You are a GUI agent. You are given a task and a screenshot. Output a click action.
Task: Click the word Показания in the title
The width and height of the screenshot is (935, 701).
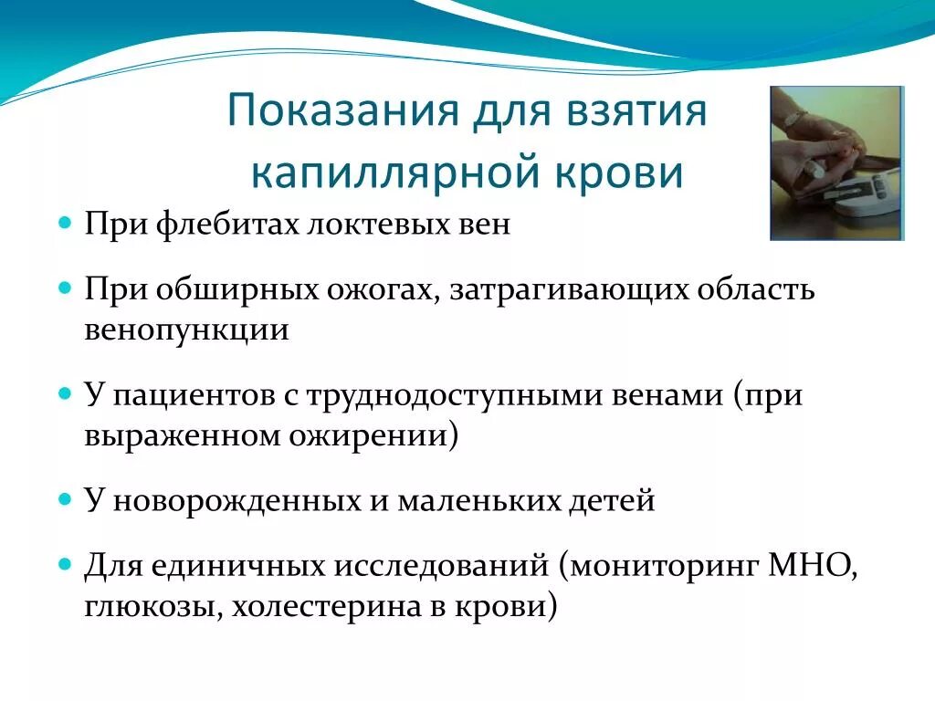pyautogui.click(x=343, y=110)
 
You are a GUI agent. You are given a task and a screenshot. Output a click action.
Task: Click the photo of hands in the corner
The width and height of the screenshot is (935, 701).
pyautogui.click(x=837, y=162)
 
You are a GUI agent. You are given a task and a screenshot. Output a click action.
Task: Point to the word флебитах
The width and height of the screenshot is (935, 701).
pyautogui.click(x=227, y=225)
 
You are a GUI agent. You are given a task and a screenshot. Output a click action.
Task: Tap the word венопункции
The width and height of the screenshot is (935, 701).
pyautogui.click(x=186, y=330)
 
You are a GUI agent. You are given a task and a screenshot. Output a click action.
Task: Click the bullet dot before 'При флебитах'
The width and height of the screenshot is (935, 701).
pyautogui.click(x=65, y=224)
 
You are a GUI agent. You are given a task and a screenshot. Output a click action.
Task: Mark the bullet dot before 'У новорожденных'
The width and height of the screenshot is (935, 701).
pyautogui.click(x=65, y=499)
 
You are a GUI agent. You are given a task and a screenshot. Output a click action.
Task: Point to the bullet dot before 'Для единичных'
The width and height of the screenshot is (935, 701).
pyautogui.click(x=65, y=564)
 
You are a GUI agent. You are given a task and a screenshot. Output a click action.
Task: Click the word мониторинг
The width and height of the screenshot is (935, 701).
pyautogui.click(x=665, y=566)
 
